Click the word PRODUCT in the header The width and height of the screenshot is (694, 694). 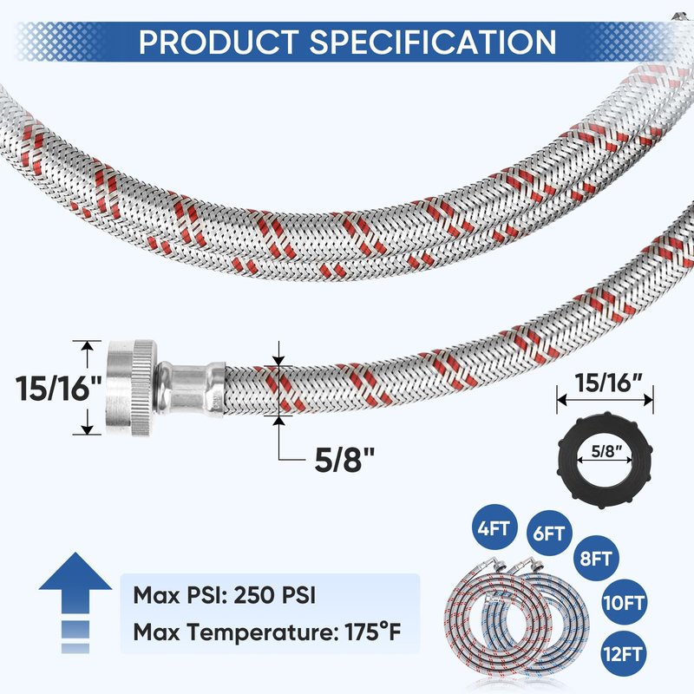click(219, 42)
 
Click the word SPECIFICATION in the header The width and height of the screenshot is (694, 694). click(432, 42)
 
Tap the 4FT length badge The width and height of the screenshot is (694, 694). click(494, 527)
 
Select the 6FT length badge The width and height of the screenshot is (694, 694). click(549, 534)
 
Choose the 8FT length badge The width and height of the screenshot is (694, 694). click(596, 558)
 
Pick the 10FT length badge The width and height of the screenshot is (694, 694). click(623, 602)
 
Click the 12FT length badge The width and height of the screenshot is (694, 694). click(623, 653)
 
